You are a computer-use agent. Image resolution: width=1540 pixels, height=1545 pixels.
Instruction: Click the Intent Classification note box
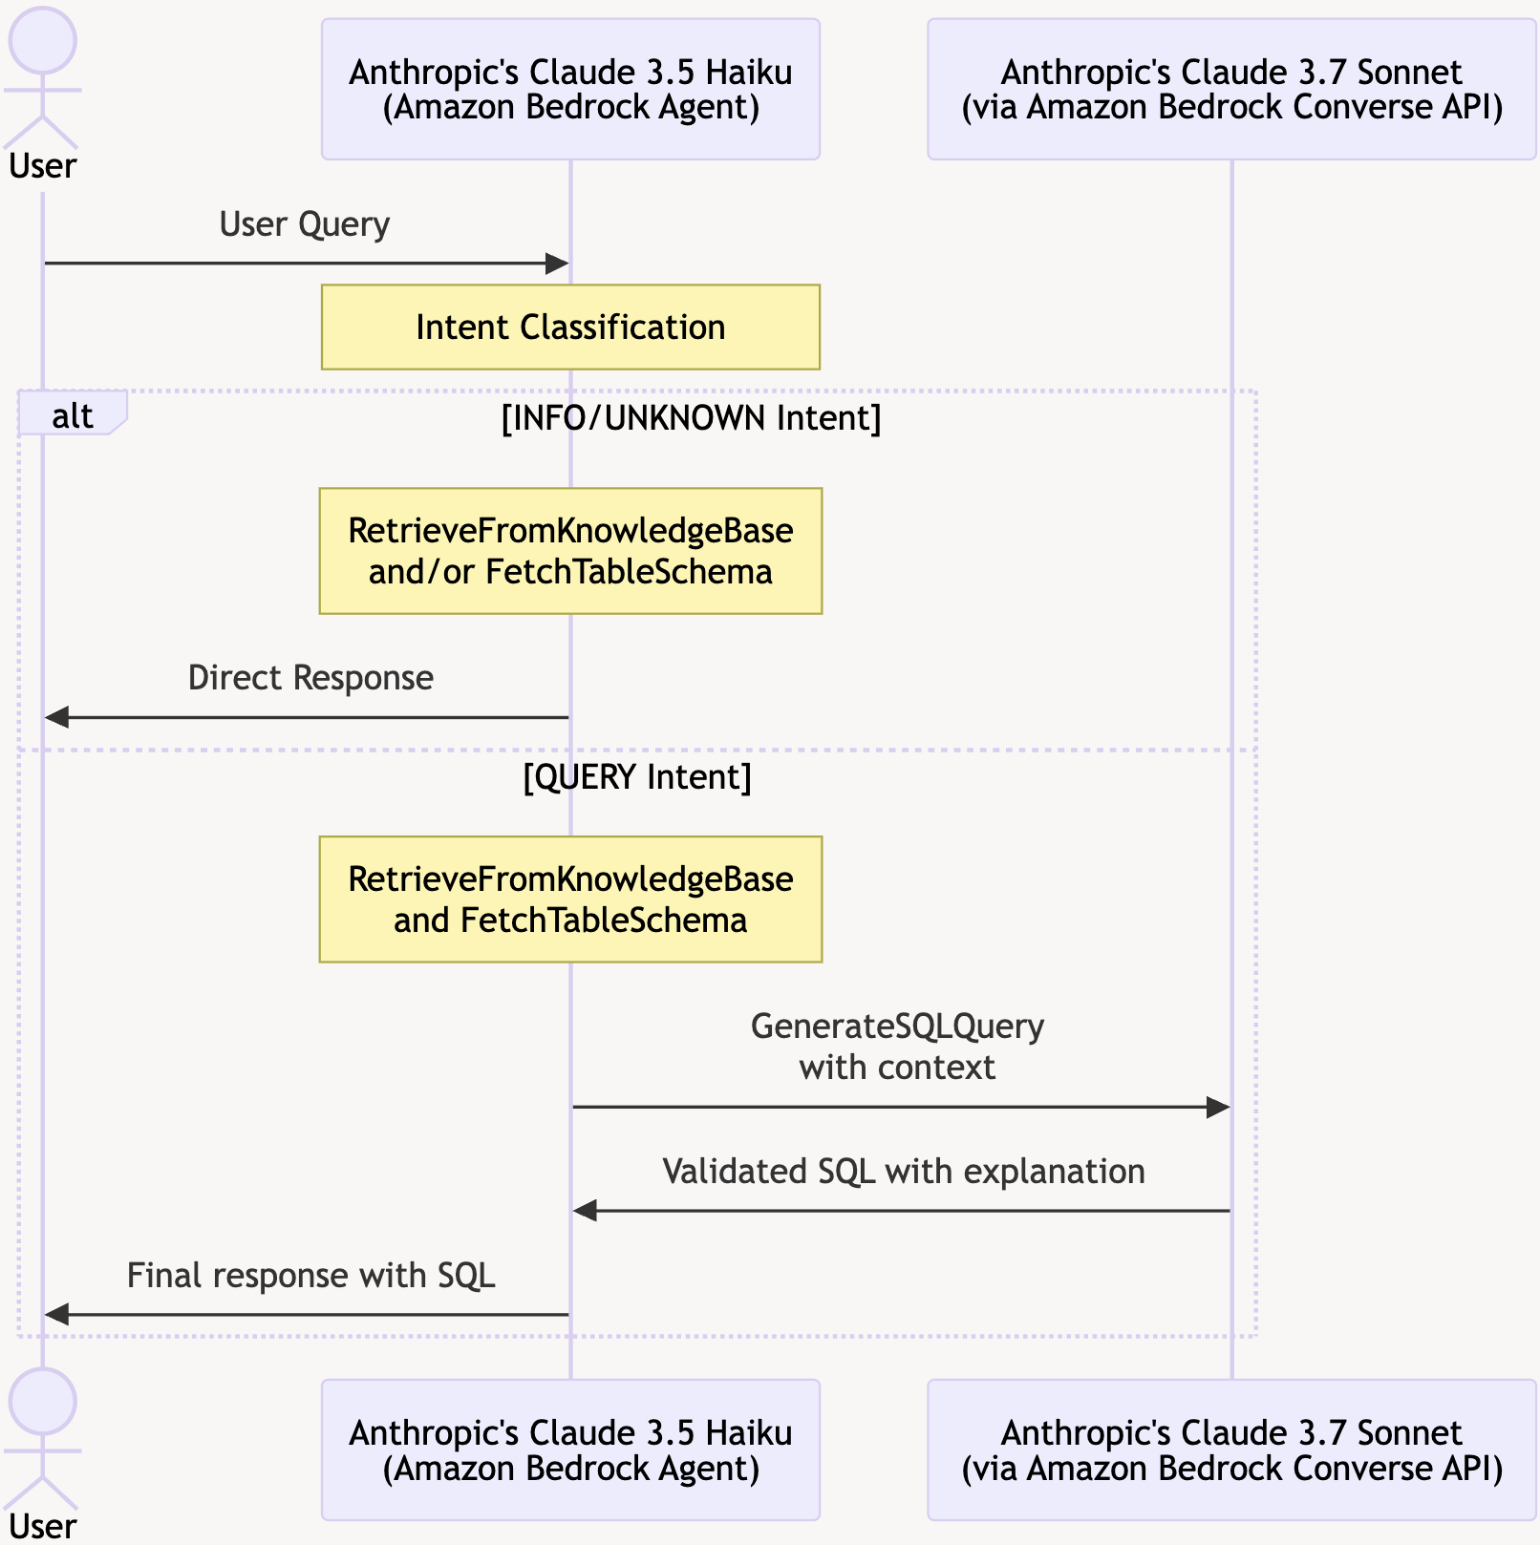pyautogui.click(x=570, y=327)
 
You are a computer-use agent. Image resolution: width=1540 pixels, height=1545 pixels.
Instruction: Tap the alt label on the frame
pyautogui.click(x=72, y=416)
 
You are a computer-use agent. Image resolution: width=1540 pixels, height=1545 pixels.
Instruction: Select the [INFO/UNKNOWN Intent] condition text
pyautogui.click(x=691, y=418)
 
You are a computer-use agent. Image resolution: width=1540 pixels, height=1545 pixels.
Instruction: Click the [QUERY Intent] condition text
pyautogui.click(x=637, y=776)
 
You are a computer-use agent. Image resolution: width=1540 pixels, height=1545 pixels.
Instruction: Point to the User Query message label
pyautogui.click(x=304, y=224)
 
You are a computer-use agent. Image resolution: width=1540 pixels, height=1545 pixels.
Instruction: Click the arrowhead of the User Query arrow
pyautogui.click(x=557, y=264)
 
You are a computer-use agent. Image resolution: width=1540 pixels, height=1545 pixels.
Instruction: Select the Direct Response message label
pyautogui.click(x=310, y=678)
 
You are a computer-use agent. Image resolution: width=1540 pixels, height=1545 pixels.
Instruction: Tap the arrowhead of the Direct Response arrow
pyautogui.click(x=56, y=717)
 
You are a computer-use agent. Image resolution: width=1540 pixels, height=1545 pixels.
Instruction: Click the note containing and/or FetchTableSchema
pyautogui.click(x=570, y=551)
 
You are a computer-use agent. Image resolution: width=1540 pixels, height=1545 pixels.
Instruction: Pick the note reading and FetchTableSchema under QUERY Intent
pyautogui.click(x=570, y=899)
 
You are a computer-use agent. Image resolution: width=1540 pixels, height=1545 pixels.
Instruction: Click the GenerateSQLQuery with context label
pyautogui.click(x=897, y=1047)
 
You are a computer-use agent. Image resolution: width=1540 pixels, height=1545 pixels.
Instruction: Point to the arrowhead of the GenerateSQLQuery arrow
pyautogui.click(x=1218, y=1108)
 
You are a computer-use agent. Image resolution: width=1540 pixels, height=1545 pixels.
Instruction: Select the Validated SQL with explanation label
pyautogui.click(x=903, y=1172)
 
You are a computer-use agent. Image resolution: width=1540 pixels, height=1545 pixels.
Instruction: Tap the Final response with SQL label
pyautogui.click(x=310, y=1276)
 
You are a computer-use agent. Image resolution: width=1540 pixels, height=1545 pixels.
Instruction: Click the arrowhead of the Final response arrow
pyautogui.click(x=56, y=1315)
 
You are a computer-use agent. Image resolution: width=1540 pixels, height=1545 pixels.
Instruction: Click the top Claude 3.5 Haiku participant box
pyautogui.click(x=570, y=89)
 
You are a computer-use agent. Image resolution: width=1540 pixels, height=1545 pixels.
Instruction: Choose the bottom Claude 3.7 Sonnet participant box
pyautogui.click(x=1231, y=1450)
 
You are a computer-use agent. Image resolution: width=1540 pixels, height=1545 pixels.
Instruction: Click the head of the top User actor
pyautogui.click(x=42, y=41)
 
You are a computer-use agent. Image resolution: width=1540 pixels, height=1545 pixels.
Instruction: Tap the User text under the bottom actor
pyautogui.click(x=42, y=1526)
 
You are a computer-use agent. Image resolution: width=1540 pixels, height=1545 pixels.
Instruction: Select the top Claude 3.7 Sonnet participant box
pyautogui.click(x=1231, y=89)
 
